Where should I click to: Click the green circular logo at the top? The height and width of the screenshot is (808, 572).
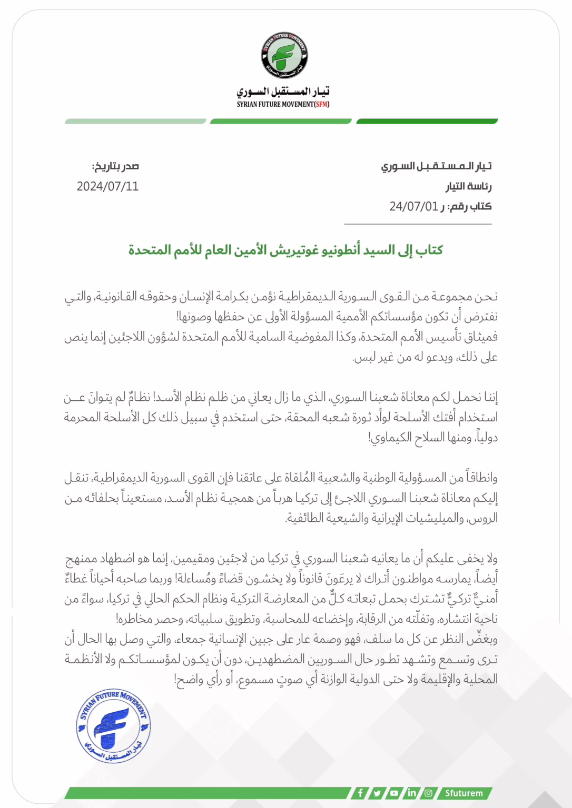click(284, 55)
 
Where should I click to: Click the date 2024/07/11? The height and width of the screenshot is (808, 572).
click(107, 186)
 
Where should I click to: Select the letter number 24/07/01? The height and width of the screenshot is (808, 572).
click(413, 206)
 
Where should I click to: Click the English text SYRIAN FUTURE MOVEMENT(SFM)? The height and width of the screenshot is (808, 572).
click(283, 104)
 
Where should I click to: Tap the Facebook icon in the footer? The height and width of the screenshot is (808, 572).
click(360, 793)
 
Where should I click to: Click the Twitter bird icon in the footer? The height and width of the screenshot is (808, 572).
click(377, 793)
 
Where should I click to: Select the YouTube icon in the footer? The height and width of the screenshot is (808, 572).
click(394, 793)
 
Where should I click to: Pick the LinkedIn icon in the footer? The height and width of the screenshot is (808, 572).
click(411, 793)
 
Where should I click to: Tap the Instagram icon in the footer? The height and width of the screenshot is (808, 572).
click(428, 793)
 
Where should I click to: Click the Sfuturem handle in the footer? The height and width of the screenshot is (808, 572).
click(463, 793)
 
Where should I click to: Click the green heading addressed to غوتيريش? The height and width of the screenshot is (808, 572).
click(285, 250)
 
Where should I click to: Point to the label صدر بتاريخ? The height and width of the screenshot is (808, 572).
click(115, 166)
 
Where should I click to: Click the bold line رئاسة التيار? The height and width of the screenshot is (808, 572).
click(468, 186)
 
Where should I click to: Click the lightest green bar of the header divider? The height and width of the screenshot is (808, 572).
click(135, 122)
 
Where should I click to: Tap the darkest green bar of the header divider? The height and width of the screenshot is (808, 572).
click(427, 122)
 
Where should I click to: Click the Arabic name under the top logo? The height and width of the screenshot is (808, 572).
click(283, 92)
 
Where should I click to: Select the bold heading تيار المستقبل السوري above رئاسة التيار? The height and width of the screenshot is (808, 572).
click(436, 166)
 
